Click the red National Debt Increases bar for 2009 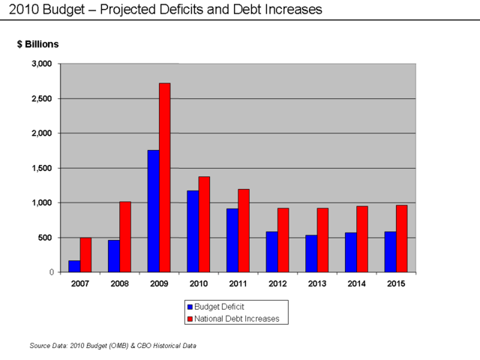coord(164,178)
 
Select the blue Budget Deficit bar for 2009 coord(153,211)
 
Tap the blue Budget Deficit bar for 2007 coord(74,266)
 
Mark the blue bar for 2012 coord(271,252)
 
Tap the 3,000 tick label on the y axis coord(42,64)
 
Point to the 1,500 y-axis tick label coord(42,168)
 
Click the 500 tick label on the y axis coord(46,238)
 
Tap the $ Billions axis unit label coord(37,44)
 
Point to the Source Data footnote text coord(112,346)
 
